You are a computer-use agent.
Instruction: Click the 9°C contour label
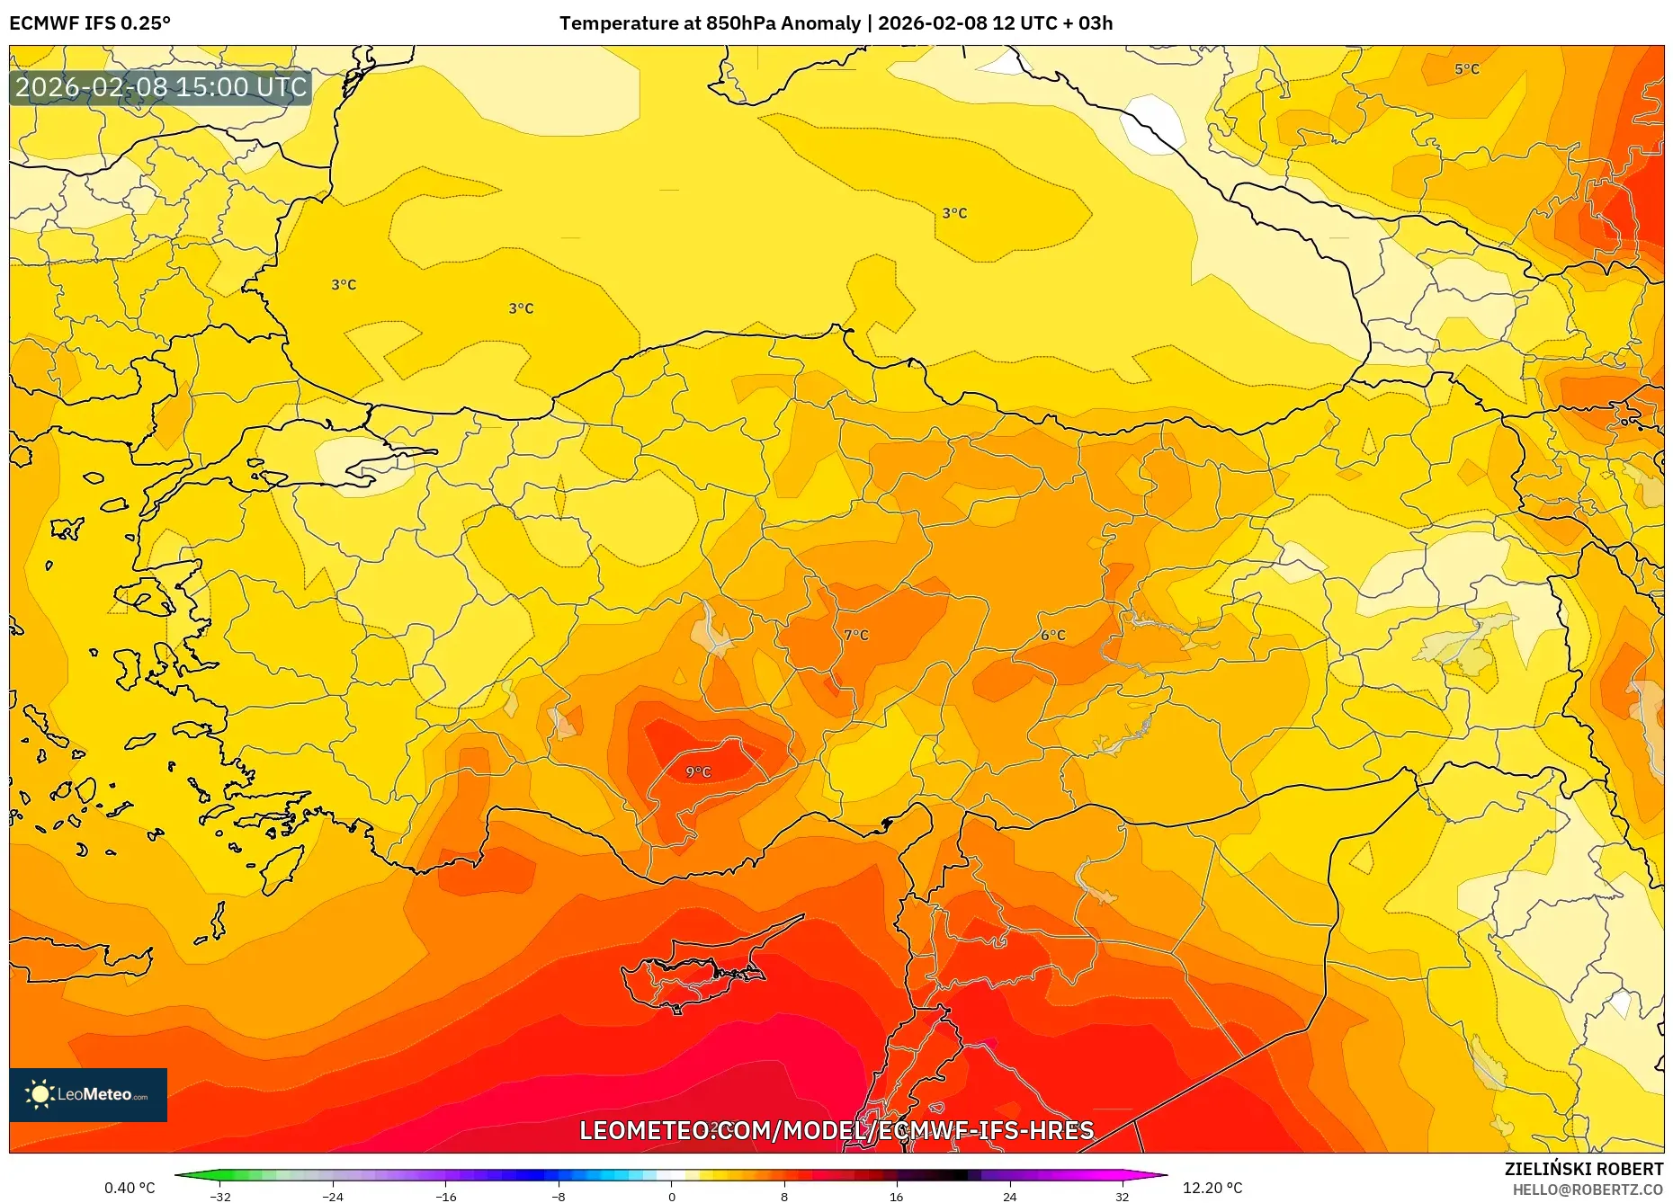coord(698,771)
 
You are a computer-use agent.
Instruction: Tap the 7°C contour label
coord(856,635)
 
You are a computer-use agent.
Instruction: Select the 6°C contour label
coord(1052,635)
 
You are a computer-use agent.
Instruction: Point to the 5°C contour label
coord(1466,68)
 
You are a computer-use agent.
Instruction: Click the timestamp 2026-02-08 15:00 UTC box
coord(161,87)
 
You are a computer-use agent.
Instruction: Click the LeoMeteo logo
coord(88,1094)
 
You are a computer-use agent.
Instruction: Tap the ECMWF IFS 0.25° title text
coord(89,22)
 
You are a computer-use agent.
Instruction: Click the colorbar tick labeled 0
coord(671,1196)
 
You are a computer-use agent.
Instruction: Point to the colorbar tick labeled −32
coord(220,1196)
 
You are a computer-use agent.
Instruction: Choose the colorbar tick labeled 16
coord(897,1196)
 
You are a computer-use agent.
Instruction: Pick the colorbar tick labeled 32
coord(1122,1196)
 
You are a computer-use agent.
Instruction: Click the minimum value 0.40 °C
coord(130,1188)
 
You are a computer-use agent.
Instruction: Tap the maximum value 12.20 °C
coord(1212,1188)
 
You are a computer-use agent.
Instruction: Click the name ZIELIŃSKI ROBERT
coord(1583,1169)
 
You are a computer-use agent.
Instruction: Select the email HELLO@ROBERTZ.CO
coord(1587,1190)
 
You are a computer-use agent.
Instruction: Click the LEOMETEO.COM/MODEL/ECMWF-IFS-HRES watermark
coord(836,1130)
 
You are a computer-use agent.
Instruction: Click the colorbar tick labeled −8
coord(559,1196)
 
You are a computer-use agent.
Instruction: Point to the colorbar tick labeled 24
coord(1009,1196)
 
